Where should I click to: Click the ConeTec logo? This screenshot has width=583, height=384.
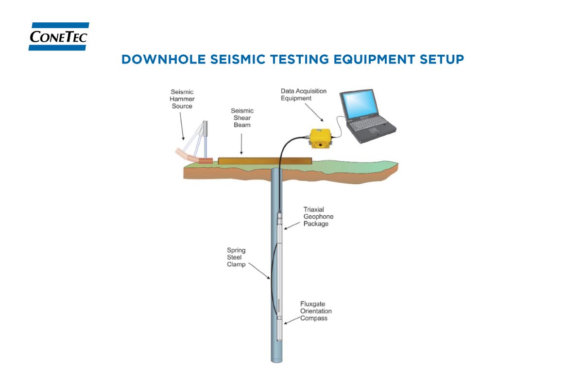[x=59, y=36]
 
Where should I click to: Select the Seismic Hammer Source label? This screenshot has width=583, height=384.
[x=182, y=99]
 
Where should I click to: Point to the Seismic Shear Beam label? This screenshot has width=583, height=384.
[x=242, y=118]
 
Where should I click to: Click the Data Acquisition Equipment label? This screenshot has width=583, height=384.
[x=303, y=95]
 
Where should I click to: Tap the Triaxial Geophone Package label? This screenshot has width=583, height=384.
[x=318, y=217]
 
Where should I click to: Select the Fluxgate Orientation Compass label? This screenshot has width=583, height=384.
[x=316, y=311]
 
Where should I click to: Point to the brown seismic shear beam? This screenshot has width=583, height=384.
[x=264, y=160]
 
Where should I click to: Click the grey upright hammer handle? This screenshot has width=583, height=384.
[x=206, y=128]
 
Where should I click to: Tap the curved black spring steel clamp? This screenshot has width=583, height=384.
[x=271, y=276]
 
